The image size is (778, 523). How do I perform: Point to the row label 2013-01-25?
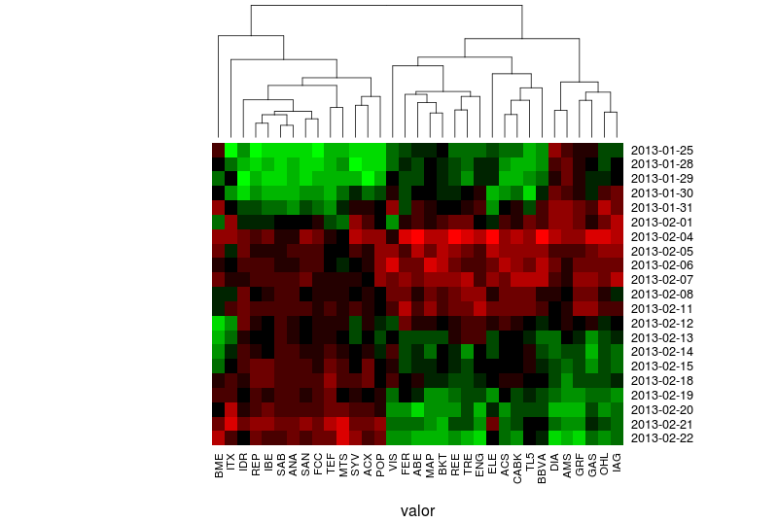[x=662, y=151]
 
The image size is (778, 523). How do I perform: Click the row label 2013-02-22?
[x=662, y=438]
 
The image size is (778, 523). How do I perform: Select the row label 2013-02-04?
[x=662, y=237]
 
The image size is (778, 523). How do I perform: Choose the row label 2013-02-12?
[x=662, y=324]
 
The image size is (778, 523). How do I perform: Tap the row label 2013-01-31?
[x=662, y=208]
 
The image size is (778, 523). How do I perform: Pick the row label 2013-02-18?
[x=662, y=381]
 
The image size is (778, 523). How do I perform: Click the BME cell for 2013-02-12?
[x=219, y=323]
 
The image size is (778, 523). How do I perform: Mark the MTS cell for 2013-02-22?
[x=343, y=437]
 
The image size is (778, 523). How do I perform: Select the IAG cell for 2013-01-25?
[x=617, y=151]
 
